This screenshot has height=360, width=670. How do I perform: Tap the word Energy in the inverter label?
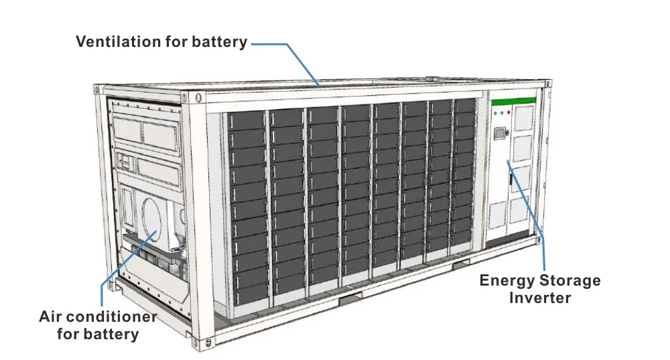(505, 280)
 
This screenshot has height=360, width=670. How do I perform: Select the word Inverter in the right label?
(539, 297)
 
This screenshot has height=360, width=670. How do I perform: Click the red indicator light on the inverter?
(509, 113)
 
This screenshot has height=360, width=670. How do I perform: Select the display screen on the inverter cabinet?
(499, 133)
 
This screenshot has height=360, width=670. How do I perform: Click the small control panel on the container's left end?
(125, 161)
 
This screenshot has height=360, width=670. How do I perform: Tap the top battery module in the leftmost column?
(247, 121)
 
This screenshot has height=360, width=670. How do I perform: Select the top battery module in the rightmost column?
(464, 107)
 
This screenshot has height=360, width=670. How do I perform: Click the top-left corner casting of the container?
(98, 89)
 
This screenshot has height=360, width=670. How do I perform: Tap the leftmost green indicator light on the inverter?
(494, 113)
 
